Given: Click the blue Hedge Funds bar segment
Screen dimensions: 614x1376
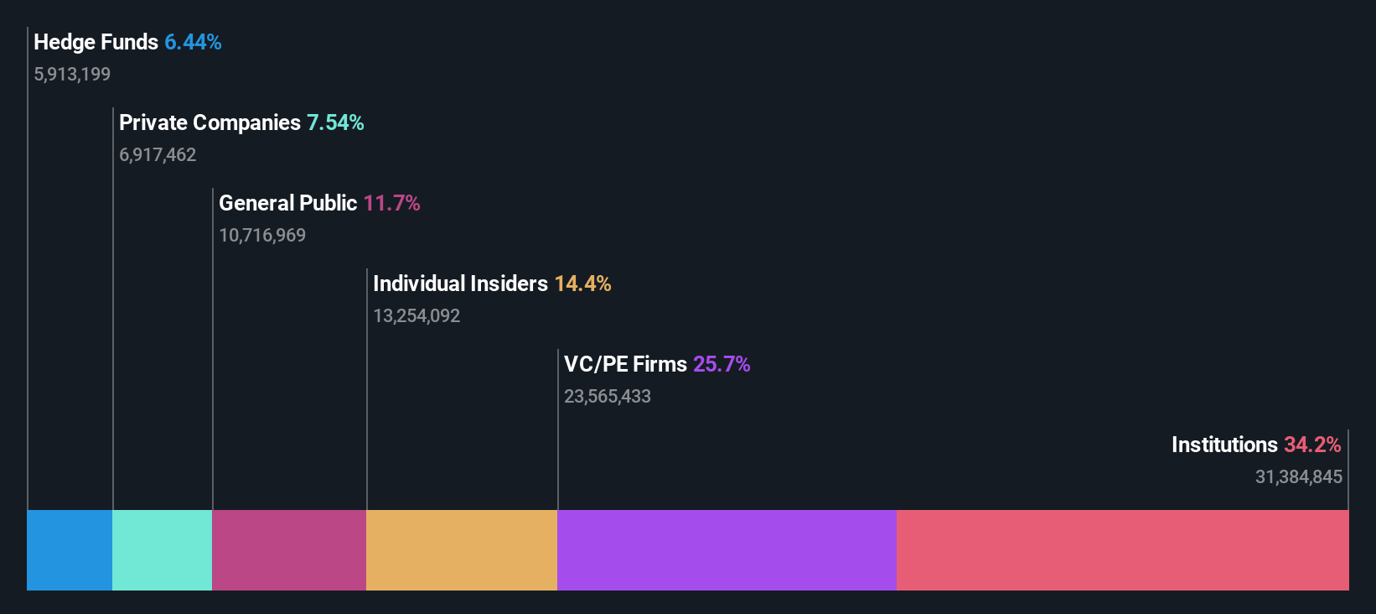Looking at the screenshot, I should tap(70, 549).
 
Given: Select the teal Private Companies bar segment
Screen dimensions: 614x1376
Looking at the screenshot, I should tap(162, 549).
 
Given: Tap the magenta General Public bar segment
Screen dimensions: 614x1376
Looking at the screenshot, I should tap(289, 549).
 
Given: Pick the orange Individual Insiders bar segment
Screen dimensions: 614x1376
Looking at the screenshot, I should tap(462, 549).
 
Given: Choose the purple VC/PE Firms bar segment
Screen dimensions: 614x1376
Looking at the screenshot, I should tap(727, 549).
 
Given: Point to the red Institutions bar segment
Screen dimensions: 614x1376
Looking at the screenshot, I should tap(1122, 549).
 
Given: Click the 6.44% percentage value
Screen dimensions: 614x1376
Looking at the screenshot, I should tap(193, 42).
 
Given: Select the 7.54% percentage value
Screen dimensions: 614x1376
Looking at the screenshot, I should tap(335, 122).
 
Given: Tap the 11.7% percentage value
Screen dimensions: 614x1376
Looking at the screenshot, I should tap(391, 203).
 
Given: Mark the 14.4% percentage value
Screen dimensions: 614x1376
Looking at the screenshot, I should tap(582, 284).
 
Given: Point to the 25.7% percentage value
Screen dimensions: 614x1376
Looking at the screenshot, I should tap(722, 364).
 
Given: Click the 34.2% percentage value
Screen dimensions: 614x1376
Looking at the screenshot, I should tap(1312, 445).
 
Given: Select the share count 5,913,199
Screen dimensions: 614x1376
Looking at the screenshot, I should tap(72, 74).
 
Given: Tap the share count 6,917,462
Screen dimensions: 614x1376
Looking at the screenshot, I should tap(158, 154).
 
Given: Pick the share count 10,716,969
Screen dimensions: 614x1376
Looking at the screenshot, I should tap(262, 235).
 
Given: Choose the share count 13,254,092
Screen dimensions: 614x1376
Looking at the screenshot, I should tap(416, 315).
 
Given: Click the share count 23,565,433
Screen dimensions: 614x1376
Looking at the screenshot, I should tap(608, 396).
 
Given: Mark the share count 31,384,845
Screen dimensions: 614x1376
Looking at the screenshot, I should tap(1298, 476).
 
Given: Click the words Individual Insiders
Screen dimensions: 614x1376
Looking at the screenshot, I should tap(460, 284).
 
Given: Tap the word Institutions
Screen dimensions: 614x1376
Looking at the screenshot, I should tap(1224, 445).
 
